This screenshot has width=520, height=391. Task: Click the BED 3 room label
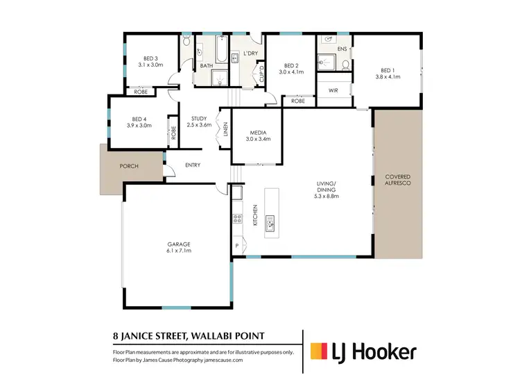(151, 58)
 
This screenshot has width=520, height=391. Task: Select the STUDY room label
(199, 119)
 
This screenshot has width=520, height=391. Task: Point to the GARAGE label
(178, 244)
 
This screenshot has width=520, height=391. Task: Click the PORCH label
(129, 166)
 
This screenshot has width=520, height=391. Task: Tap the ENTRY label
(193, 165)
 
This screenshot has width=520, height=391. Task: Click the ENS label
(342, 49)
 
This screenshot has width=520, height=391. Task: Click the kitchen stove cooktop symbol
(237, 219)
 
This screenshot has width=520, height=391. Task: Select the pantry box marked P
(236, 246)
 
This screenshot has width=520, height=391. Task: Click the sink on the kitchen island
(271, 222)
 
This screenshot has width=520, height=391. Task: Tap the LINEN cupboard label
(225, 129)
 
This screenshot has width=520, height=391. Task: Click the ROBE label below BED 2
(298, 101)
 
